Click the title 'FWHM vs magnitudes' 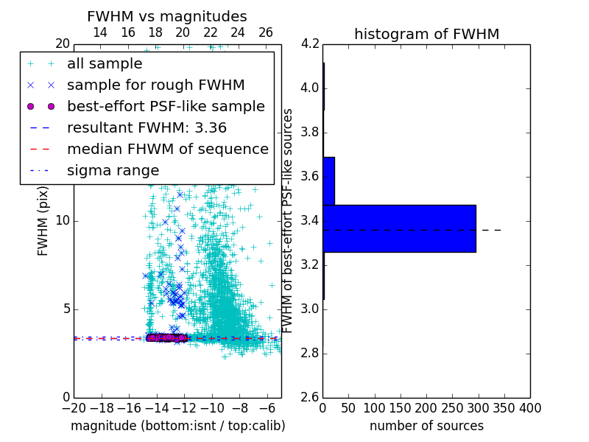(x=167, y=16)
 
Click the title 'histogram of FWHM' (x=426, y=34)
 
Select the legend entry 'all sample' (x=105, y=64)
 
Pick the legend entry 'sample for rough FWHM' (x=155, y=85)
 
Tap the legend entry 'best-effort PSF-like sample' (x=166, y=106)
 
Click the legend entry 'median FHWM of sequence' (x=167, y=149)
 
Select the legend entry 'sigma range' (x=113, y=170)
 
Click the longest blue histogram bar (x=399, y=228)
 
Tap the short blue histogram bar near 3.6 (x=328, y=180)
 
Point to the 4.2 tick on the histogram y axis (x=310, y=43)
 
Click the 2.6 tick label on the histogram (x=310, y=397)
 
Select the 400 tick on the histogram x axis (x=530, y=408)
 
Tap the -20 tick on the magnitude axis (x=74, y=408)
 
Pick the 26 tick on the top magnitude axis (x=266, y=32)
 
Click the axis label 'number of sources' (x=426, y=426)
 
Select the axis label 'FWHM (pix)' (x=43, y=221)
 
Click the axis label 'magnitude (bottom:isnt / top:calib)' (x=177, y=426)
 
